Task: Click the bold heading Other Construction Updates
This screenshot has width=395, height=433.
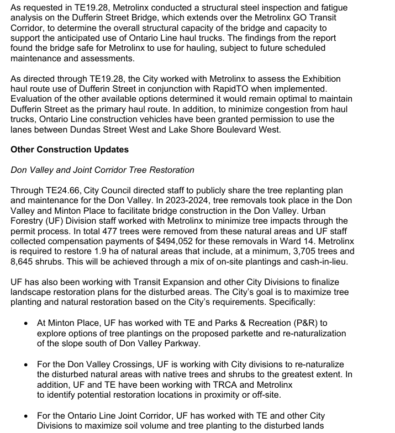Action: [70, 150]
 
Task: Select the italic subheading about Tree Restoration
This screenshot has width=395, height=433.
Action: [103, 170]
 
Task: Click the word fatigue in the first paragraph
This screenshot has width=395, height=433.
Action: [335, 7]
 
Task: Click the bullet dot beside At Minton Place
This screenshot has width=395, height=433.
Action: [25, 324]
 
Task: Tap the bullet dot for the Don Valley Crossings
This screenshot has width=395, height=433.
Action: [25, 365]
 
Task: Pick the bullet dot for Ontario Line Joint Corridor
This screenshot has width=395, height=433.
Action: [25, 415]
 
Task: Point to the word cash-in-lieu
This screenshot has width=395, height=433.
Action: [323, 262]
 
